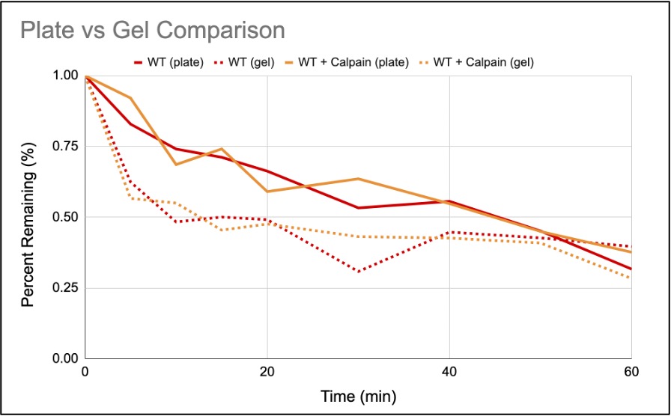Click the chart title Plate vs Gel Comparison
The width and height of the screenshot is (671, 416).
[x=152, y=31]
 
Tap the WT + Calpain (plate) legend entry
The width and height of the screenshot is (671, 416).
[x=353, y=63]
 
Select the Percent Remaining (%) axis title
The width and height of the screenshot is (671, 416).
[x=28, y=217]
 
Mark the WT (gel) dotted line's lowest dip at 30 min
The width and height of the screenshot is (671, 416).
[x=358, y=272]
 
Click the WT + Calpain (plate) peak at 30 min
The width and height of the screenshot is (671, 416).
[x=358, y=179]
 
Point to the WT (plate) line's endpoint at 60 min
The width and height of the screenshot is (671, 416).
[x=631, y=269]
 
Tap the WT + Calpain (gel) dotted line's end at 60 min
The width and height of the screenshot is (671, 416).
[x=631, y=278]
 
